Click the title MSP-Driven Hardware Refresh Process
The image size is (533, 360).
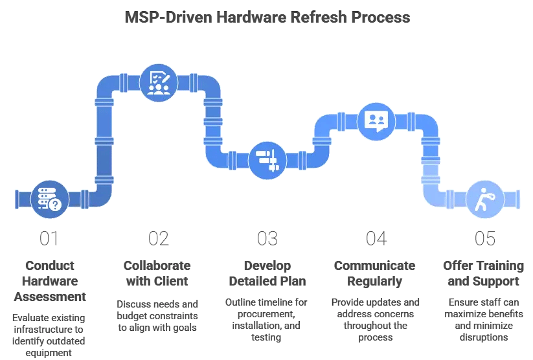click(x=267, y=17)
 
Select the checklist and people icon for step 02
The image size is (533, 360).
click(x=158, y=82)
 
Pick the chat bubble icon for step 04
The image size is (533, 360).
click(x=376, y=120)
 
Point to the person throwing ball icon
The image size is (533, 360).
click(x=484, y=197)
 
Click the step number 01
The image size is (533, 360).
click(x=49, y=238)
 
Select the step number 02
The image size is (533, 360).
click(x=158, y=238)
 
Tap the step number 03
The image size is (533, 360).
click(x=267, y=238)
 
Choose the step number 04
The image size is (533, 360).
click(x=376, y=238)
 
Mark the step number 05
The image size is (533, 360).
click(x=484, y=238)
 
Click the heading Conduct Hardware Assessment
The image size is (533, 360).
click(x=49, y=281)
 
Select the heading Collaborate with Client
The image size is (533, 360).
click(x=158, y=273)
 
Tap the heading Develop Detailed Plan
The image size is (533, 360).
click(x=267, y=273)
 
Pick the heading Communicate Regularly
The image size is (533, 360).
click(x=376, y=273)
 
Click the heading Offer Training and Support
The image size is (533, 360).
click(x=484, y=273)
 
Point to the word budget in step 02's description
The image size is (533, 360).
click(x=133, y=314)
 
